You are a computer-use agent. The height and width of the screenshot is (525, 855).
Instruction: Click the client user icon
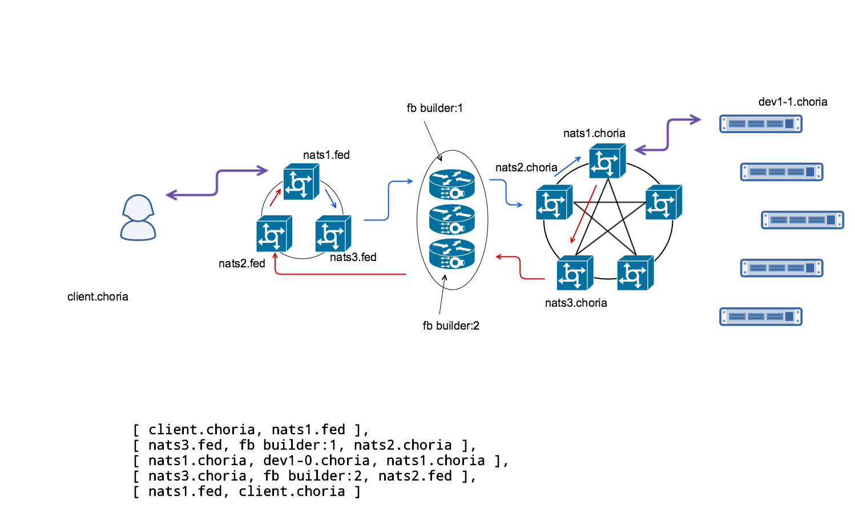click(x=138, y=218)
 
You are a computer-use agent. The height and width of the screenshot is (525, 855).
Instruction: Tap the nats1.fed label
click(x=326, y=155)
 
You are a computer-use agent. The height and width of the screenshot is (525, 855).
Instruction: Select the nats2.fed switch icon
click(x=274, y=234)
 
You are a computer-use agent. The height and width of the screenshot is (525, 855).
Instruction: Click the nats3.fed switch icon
click(x=333, y=234)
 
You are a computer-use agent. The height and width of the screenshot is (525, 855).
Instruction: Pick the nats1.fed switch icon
click(x=301, y=182)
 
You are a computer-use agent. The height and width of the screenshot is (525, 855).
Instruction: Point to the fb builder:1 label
click(x=434, y=108)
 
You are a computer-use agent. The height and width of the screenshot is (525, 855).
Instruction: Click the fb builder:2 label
click(x=451, y=326)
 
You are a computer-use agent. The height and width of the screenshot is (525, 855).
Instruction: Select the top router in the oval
click(x=452, y=185)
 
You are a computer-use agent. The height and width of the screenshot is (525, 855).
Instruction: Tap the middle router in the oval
click(x=452, y=219)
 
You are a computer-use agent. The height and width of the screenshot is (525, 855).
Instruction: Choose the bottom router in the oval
click(x=452, y=254)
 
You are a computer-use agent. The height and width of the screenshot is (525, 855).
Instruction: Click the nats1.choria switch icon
click(x=607, y=161)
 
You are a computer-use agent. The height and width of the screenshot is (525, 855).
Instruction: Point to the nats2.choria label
click(x=526, y=167)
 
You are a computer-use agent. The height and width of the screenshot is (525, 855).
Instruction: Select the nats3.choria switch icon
click(x=575, y=273)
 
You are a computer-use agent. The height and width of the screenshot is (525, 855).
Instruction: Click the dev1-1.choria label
click(x=792, y=102)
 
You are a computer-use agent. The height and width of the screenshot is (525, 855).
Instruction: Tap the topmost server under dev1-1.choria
click(x=761, y=123)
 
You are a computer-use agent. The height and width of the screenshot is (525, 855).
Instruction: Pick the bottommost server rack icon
click(x=761, y=316)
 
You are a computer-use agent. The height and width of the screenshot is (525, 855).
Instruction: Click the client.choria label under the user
click(x=98, y=296)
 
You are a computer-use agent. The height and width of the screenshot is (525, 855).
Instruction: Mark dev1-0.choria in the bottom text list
click(x=316, y=460)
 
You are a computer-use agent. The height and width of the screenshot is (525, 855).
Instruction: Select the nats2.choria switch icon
click(x=554, y=202)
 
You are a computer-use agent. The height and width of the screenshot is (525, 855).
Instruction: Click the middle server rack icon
click(x=802, y=220)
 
